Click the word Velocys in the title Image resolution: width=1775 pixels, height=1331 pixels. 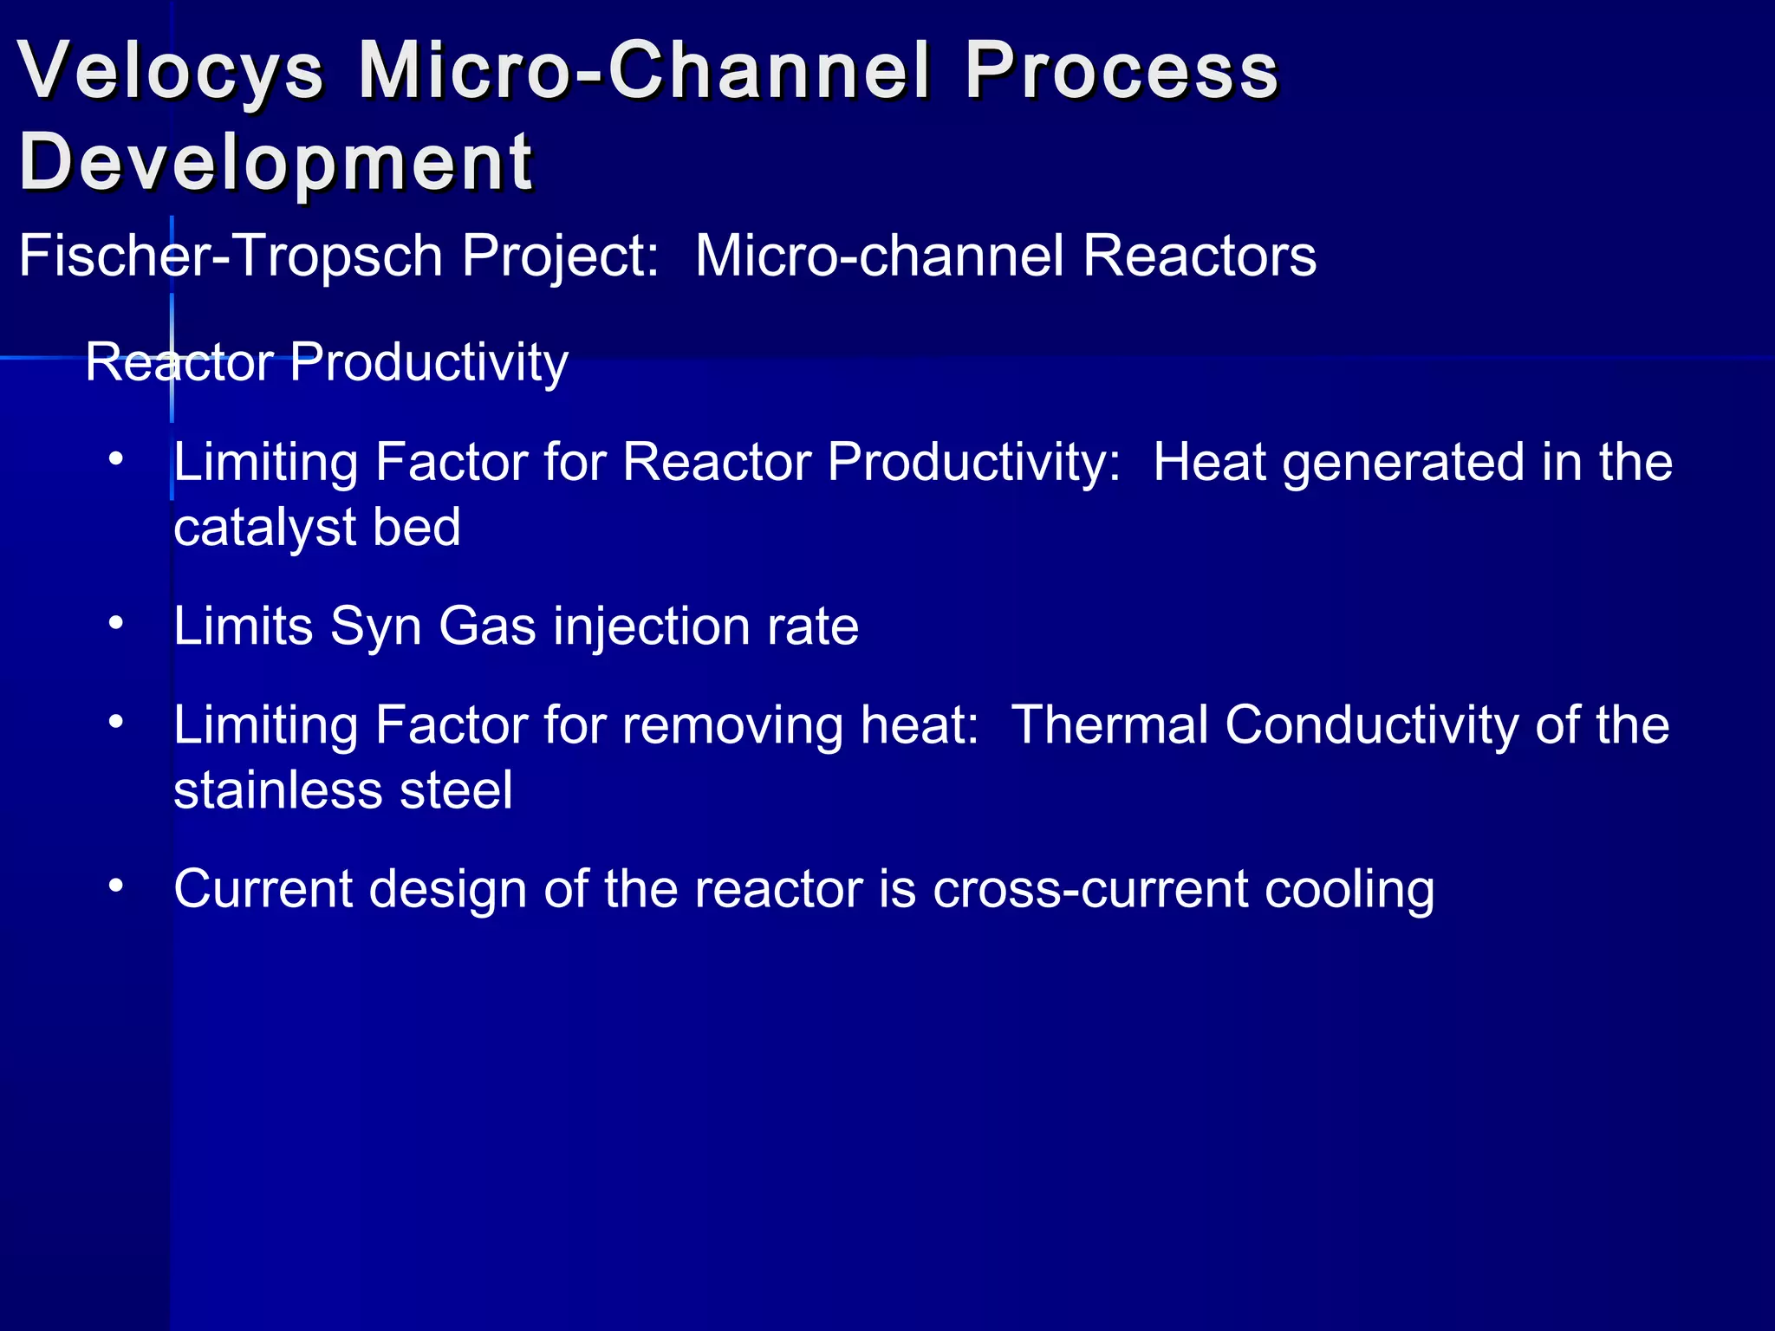(171, 71)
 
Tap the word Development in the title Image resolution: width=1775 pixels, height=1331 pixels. (276, 163)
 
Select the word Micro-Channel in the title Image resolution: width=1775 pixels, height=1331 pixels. (646, 71)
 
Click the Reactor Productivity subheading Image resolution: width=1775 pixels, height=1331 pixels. (327, 362)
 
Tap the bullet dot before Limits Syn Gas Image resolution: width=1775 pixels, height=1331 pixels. (116, 623)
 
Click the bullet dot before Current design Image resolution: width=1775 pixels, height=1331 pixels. (116, 886)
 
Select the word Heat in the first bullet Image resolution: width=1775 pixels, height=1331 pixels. (1209, 462)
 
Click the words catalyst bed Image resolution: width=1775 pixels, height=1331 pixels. (317, 528)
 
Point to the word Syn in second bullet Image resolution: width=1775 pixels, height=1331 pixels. (375, 626)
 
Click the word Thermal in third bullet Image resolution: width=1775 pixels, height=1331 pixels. (1109, 724)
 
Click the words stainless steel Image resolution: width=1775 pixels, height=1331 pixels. (343, 790)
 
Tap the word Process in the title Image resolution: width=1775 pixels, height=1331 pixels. (1122, 71)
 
